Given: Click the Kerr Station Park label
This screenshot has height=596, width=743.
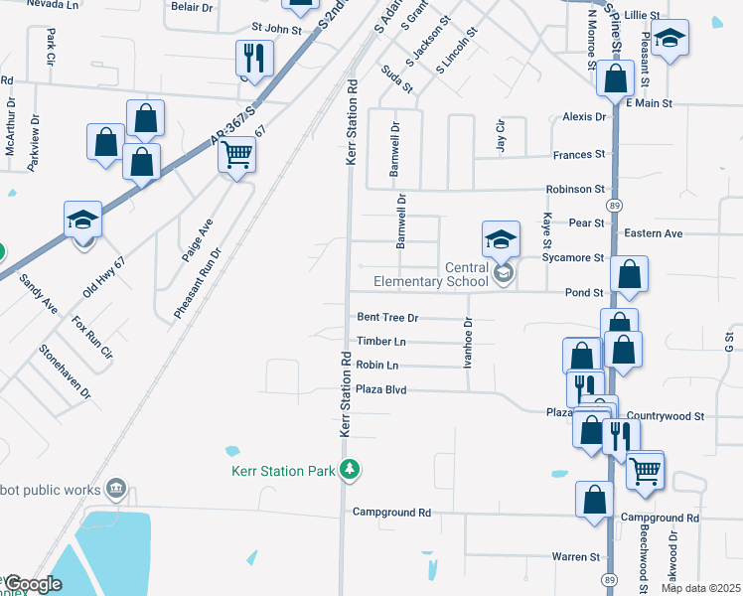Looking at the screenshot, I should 283,471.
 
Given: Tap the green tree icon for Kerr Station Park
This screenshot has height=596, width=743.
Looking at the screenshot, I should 349,469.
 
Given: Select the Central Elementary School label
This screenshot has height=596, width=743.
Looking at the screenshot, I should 431,274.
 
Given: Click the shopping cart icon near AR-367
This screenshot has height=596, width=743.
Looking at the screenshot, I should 236,154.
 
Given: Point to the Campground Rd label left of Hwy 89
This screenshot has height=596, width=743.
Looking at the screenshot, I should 391,513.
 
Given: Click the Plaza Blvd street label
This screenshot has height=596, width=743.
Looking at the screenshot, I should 383,390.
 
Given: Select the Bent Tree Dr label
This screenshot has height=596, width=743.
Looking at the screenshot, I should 387,318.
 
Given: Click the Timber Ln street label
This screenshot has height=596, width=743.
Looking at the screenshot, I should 381,342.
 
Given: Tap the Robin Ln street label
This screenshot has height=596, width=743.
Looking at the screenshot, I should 376,366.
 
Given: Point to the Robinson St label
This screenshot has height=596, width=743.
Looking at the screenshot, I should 574,189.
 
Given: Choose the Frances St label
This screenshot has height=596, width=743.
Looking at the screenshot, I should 578,155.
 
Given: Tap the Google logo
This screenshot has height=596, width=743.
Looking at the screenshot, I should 32,584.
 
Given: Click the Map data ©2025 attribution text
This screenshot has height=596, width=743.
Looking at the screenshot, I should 699,588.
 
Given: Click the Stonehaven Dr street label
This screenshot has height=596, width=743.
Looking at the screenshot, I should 65,372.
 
